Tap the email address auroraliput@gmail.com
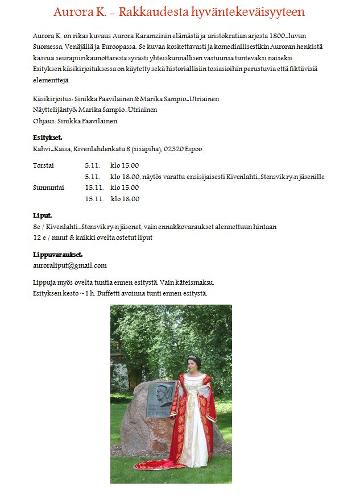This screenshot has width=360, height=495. [x=70, y=265]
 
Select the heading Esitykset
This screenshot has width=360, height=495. [x=47, y=138]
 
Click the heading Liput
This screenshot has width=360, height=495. [x=43, y=215]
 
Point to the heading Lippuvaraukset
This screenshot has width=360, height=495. [x=57, y=255]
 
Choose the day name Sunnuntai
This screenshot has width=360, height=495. [x=49, y=187]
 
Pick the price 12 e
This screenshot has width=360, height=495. [x=39, y=238]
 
